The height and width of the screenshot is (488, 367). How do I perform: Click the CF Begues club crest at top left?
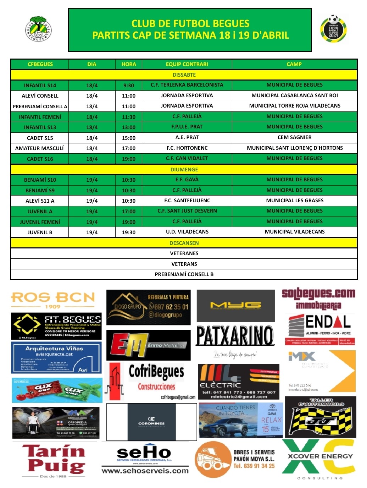click(39, 29)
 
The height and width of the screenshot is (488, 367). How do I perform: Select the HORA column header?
click(129, 64)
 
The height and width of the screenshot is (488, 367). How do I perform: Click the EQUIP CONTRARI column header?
click(187, 64)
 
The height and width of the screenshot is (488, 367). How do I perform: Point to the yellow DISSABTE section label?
click(184, 75)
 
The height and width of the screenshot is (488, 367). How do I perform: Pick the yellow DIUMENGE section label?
click(184, 170)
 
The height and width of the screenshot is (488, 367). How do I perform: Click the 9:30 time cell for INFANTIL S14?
click(129, 86)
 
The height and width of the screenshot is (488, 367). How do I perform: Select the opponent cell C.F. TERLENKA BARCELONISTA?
click(187, 85)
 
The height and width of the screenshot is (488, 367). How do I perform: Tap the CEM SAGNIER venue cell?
click(294, 137)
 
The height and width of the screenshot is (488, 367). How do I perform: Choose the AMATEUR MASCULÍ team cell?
click(39, 148)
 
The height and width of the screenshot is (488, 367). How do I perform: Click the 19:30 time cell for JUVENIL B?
click(129, 232)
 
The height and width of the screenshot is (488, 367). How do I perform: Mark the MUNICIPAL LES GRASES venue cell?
click(295, 201)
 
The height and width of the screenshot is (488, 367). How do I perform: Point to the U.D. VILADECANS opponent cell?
click(187, 232)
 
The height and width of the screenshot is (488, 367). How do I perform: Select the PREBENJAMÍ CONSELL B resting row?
click(184, 274)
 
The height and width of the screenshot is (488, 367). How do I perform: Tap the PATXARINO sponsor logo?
click(235, 336)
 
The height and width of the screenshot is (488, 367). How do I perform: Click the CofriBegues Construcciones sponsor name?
click(156, 378)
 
